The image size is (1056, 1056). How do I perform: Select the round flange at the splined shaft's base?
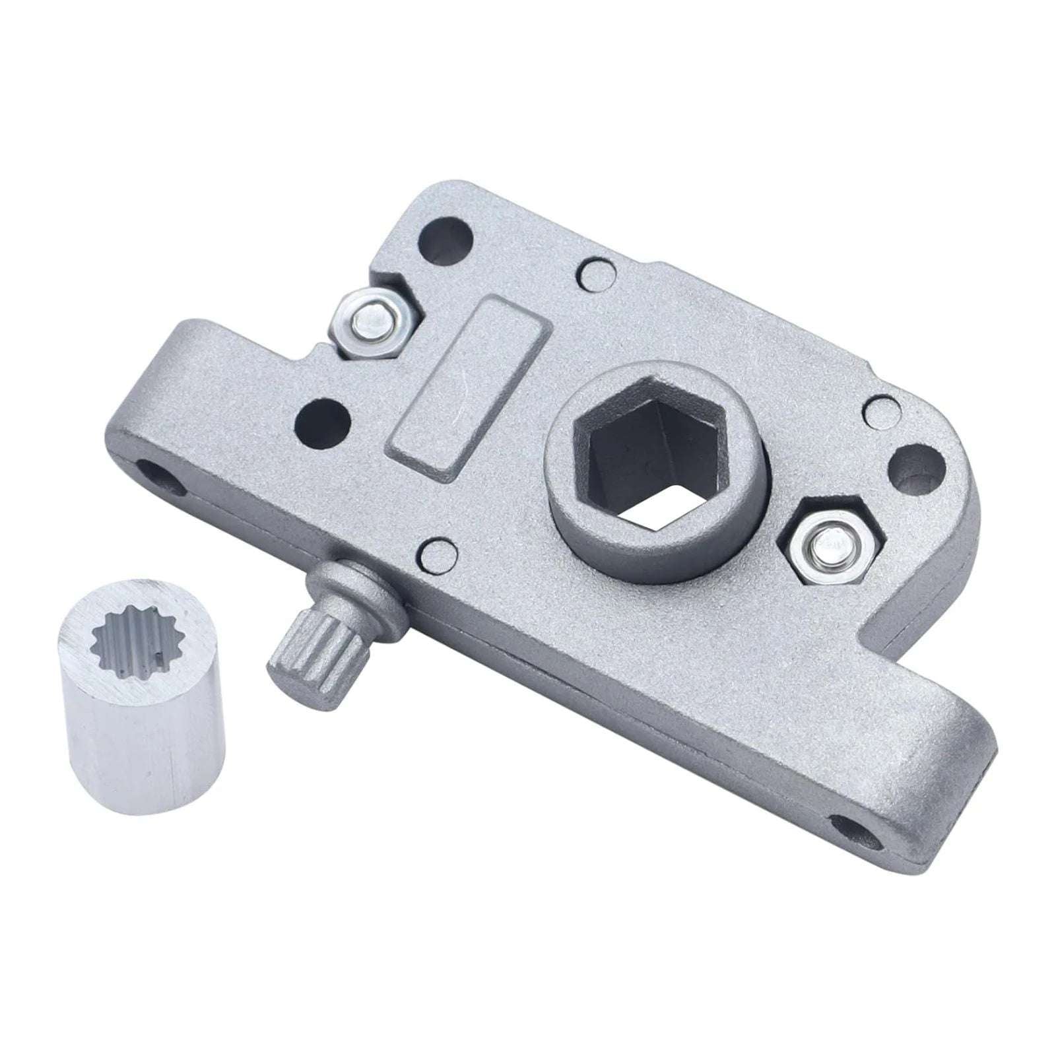pyautogui.click(x=356, y=587)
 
